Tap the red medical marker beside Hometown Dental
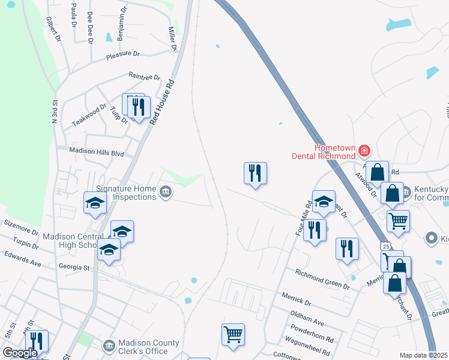click(364, 149)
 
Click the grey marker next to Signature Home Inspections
click(166, 192)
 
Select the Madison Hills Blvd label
click(96, 152)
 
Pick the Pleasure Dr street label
click(122, 54)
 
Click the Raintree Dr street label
click(145, 77)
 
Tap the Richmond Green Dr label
click(322, 279)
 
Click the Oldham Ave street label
click(307, 314)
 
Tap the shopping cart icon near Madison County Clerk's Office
click(233, 334)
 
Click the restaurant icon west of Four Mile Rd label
click(255, 173)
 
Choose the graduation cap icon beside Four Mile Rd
click(324, 202)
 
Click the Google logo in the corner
click(20, 353)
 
